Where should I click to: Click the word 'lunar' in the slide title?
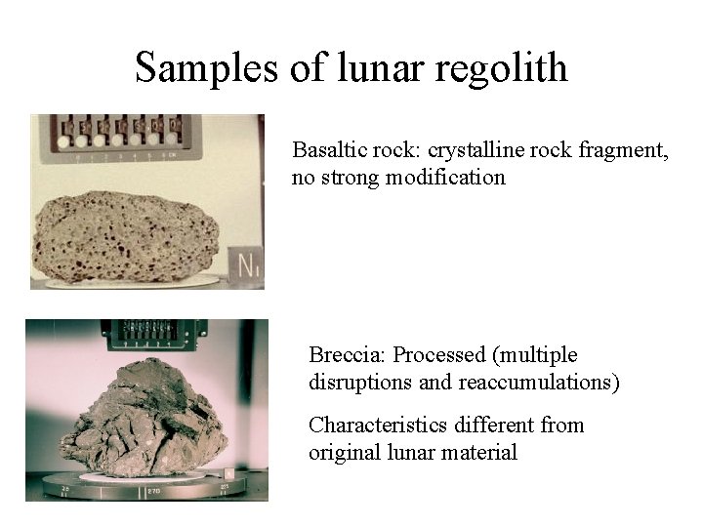coord(367,67)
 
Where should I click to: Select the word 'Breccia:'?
coord(347,355)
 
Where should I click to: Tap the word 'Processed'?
coord(436,355)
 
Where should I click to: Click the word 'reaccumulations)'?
coord(535,382)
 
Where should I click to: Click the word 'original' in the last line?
coord(342,452)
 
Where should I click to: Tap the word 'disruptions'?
coord(360,382)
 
